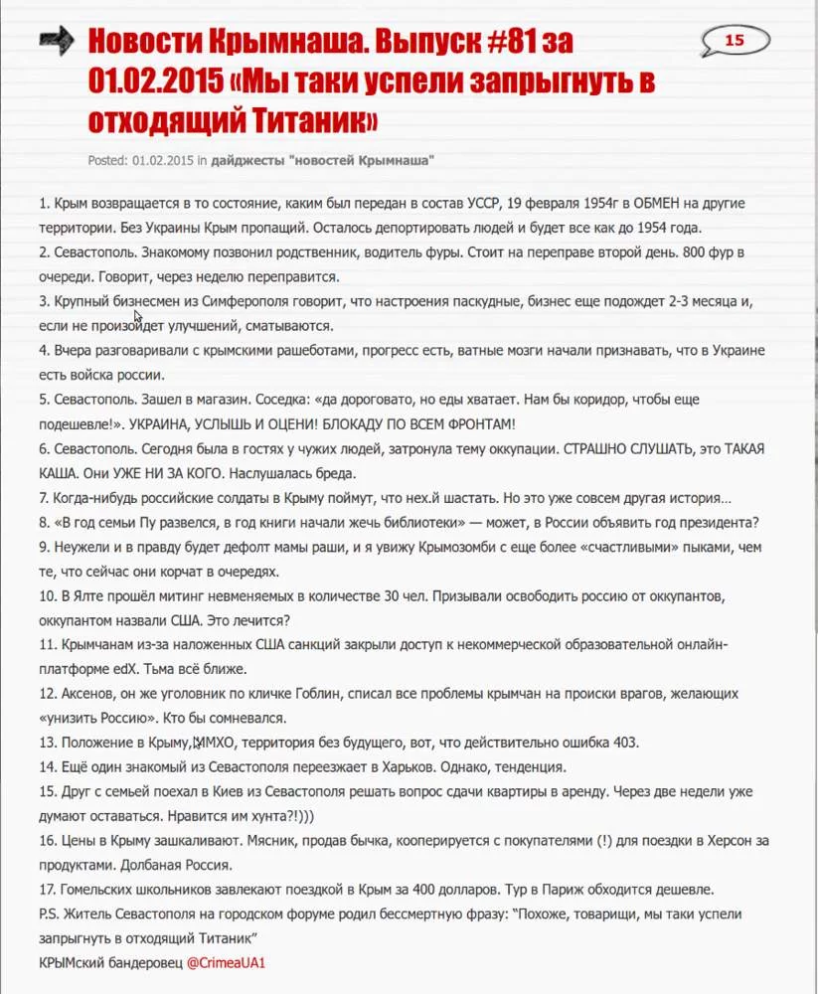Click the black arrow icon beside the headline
click(58, 40)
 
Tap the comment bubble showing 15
click(735, 41)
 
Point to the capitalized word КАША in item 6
click(60, 472)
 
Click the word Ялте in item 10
click(89, 594)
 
